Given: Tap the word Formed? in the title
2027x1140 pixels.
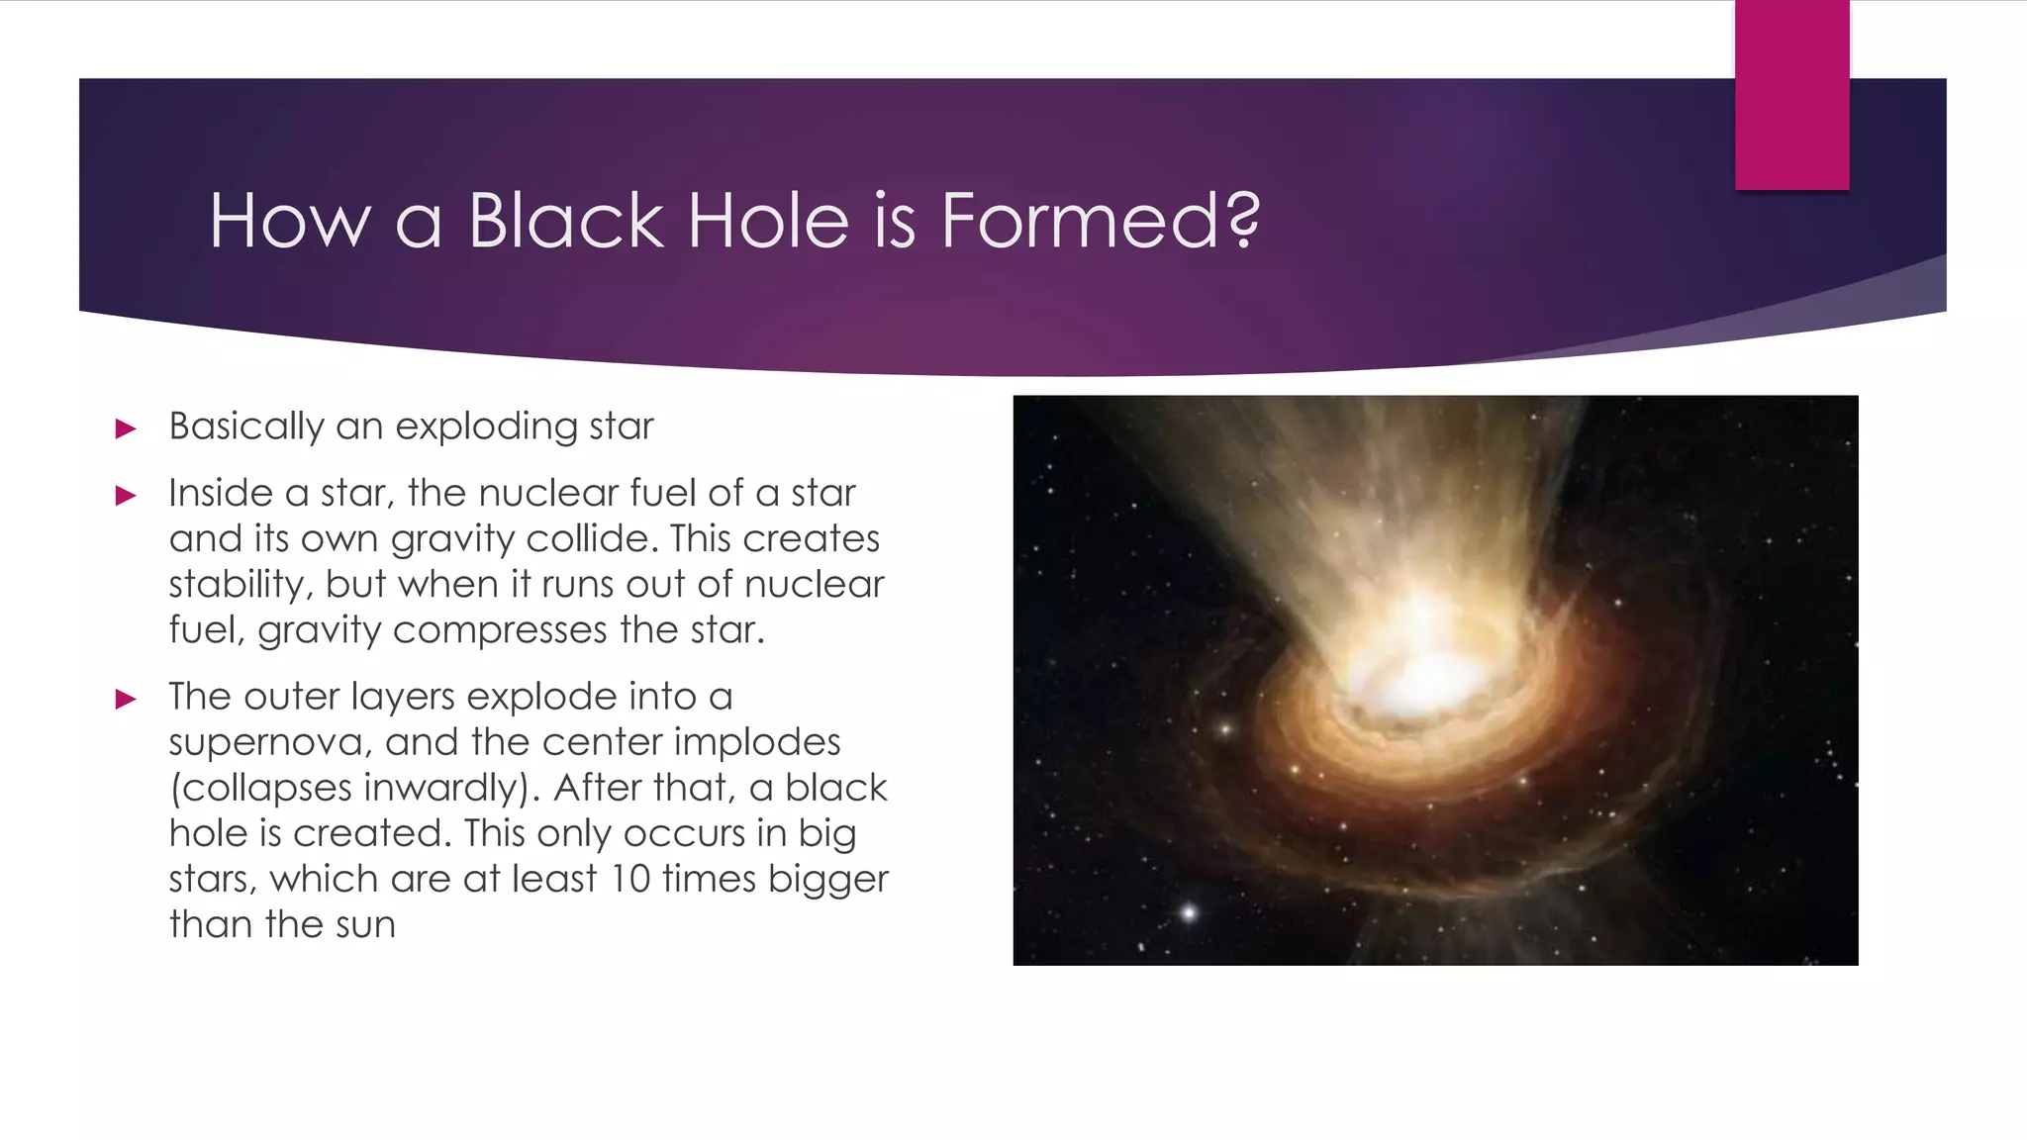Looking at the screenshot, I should (x=1100, y=220).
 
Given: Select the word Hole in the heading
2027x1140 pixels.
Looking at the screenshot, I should (x=767, y=220).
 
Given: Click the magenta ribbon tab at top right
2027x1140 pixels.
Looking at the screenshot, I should (x=1791, y=95).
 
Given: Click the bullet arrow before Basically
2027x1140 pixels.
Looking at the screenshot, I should (x=126, y=428).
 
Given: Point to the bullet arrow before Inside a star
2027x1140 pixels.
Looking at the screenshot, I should (x=126, y=495).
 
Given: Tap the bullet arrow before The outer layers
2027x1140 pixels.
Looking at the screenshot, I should (x=126, y=699).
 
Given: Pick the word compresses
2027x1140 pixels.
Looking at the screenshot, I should (x=500, y=630).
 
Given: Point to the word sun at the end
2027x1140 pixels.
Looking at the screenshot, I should (x=365, y=925).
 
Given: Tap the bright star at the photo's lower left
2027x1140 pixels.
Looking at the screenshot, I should (x=1189, y=912).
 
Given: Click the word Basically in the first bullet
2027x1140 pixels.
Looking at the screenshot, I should (x=246, y=427).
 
